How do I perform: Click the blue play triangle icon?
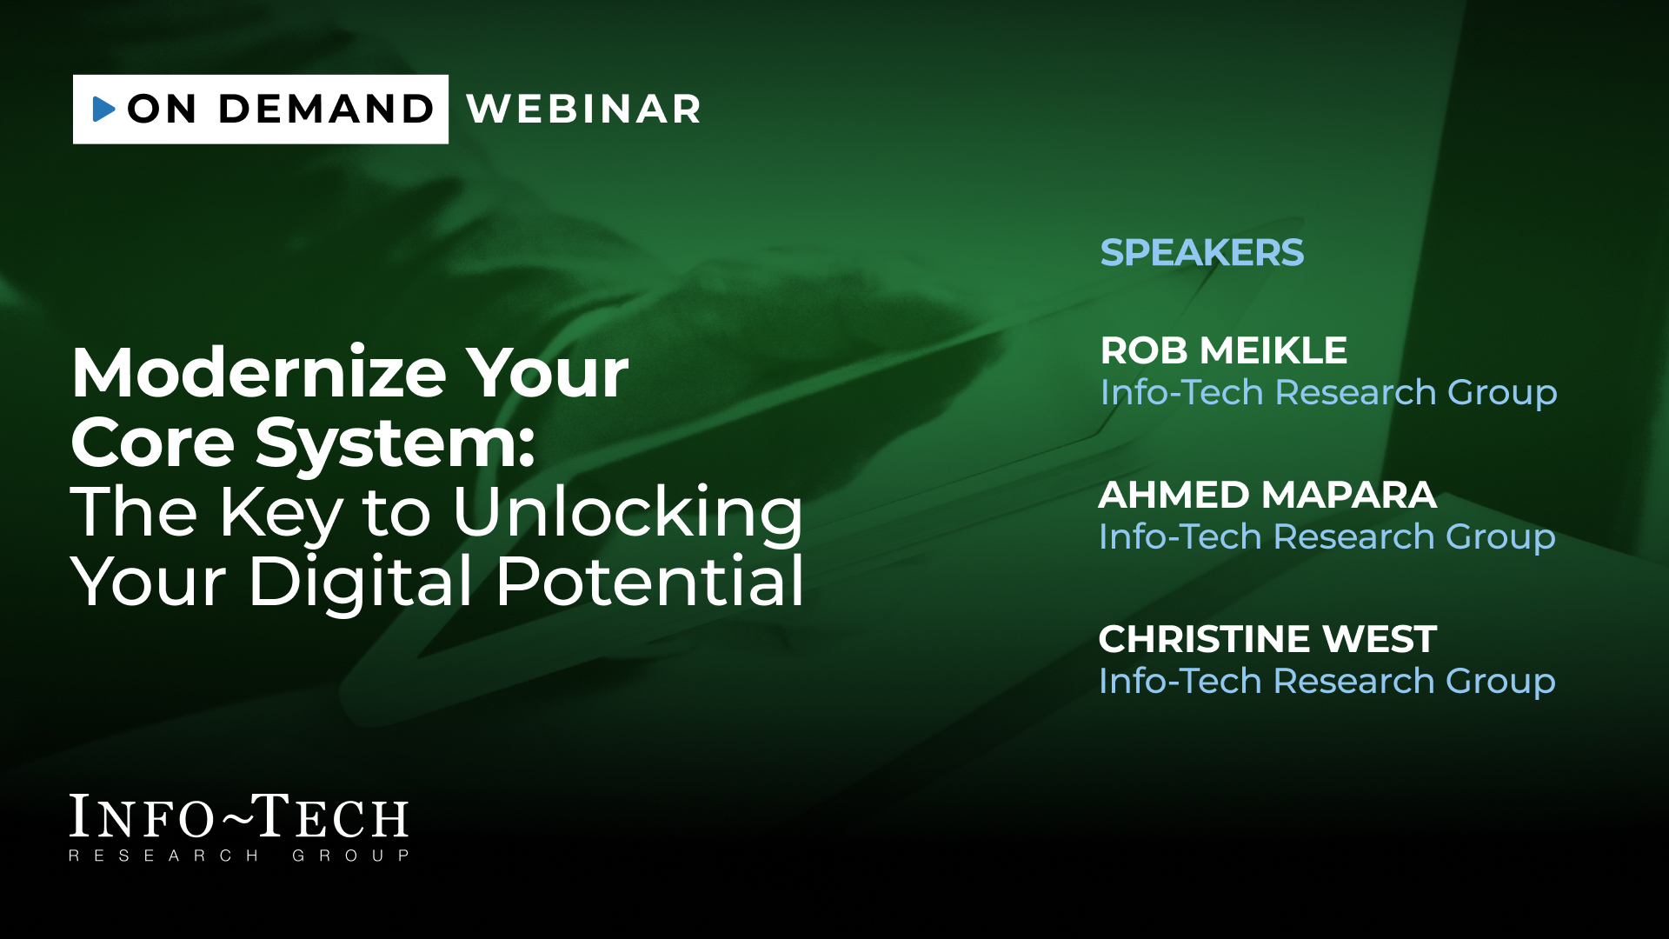pyautogui.click(x=103, y=109)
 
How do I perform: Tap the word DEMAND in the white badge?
pyautogui.click(x=326, y=109)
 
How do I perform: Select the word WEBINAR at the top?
pyautogui.click(x=584, y=109)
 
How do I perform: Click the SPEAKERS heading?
pyautogui.click(x=1202, y=253)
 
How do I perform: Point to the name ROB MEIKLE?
pyautogui.click(x=1224, y=350)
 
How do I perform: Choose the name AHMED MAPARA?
pyautogui.click(x=1267, y=495)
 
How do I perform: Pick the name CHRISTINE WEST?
pyautogui.click(x=1267, y=639)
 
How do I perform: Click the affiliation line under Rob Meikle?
pyautogui.click(x=1329, y=393)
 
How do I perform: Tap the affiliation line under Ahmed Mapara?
pyautogui.click(x=1327, y=537)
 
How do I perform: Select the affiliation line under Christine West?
pyautogui.click(x=1327, y=682)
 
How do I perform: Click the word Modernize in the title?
pyautogui.click(x=259, y=372)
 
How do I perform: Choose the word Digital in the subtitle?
pyautogui.click(x=361, y=582)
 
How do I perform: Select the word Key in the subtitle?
pyautogui.click(x=281, y=515)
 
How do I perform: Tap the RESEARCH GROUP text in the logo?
pyautogui.click(x=239, y=856)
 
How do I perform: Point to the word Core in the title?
pyautogui.click(x=153, y=443)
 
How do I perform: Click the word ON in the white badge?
pyautogui.click(x=162, y=109)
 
